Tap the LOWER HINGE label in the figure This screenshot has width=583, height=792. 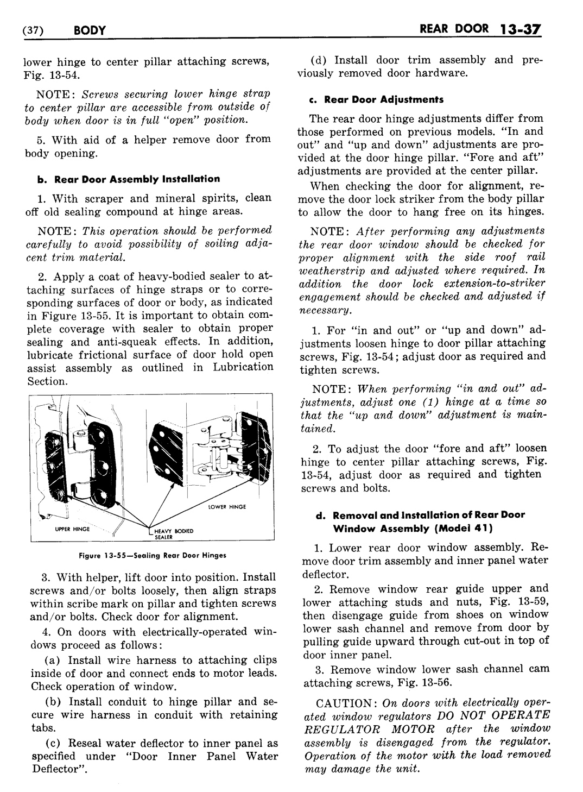(227, 507)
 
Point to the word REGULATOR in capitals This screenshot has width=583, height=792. (333, 729)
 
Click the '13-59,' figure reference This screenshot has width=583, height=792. (529, 602)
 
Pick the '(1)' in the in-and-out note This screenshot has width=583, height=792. (431, 402)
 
